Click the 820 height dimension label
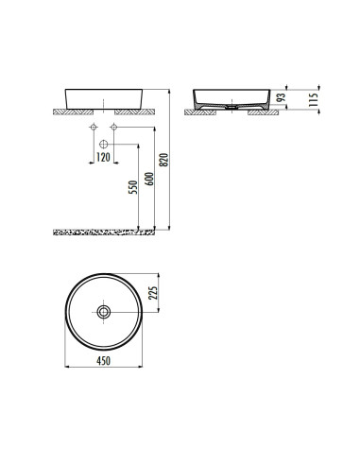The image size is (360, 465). [x=163, y=160]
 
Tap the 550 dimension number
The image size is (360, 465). [x=133, y=187]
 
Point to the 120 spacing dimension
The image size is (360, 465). [x=103, y=157]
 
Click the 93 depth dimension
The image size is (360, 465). [x=281, y=97]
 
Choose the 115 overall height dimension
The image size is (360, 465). [x=314, y=100]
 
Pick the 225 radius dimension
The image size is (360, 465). [x=152, y=293]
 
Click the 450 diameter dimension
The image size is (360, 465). [x=103, y=361]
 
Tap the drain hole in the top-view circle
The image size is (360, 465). [x=104, y=312]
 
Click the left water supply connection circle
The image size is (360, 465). [x=94, y=127]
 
